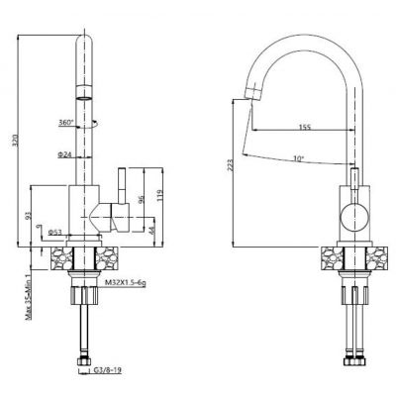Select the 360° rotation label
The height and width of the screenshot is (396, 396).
click(x=66, y=124)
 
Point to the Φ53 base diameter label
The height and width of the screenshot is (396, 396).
click(x=59, y=234)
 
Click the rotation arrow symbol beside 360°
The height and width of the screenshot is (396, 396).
click(x=93, y=124)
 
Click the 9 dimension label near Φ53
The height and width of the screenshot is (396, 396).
click(x=40, y=230)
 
